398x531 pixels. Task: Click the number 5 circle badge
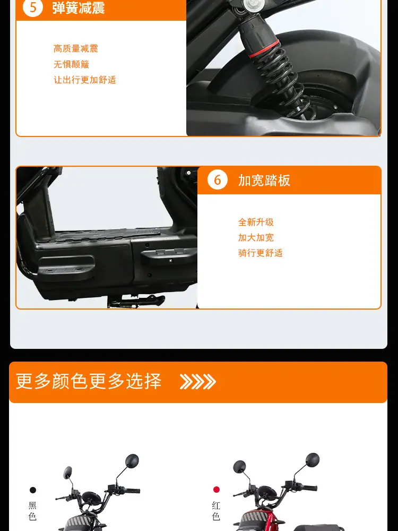coord(33,7)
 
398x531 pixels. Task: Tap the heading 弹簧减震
coord(79,8)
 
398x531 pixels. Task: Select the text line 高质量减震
coord(76,49)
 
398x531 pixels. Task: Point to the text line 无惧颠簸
coord(72,64)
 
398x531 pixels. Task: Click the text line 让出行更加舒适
coord(84,80)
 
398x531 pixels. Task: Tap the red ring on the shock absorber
coord(264,49)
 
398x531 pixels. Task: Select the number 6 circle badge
coord(217,180)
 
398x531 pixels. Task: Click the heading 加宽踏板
coord(264,181)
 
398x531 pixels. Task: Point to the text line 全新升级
coord(256,222)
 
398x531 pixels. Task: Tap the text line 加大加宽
coord(256,238)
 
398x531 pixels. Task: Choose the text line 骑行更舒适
coord(260,253)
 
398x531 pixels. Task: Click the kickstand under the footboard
coord(136,301)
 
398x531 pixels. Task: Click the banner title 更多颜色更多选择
coord(89,381)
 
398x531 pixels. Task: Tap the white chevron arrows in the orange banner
coord(197,382)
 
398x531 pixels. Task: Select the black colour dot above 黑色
coord(33,490)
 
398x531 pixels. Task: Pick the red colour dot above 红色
coord(217,490)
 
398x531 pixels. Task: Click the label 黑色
coord(32,511)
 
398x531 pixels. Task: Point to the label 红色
coord(217,511)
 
